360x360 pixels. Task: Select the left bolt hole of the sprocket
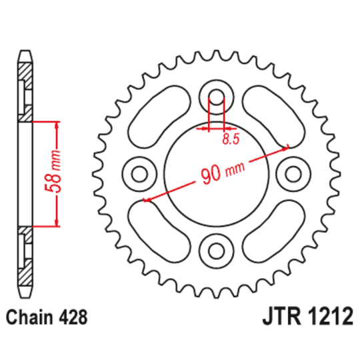pos(139,174)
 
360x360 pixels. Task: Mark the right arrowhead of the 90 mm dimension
pos(286,147)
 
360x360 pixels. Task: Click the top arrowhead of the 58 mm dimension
pos(57,125)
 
